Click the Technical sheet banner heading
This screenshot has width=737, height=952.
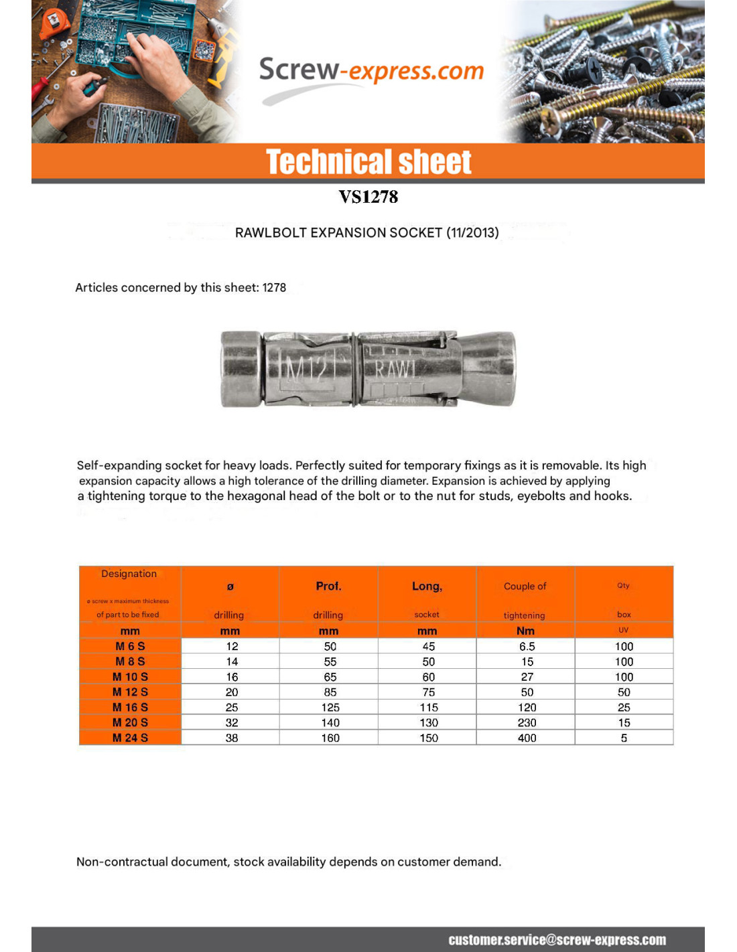368,162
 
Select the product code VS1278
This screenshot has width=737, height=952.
368,197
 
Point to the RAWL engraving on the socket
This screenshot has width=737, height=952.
395,369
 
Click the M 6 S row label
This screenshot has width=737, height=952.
130,646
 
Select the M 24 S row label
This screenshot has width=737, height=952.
130,738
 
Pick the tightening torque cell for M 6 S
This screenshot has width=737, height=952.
527,646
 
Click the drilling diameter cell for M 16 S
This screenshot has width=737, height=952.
232,707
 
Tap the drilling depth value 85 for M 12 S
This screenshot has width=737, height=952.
330,692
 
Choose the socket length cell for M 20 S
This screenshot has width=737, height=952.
429,722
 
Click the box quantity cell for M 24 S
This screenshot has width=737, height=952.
624,738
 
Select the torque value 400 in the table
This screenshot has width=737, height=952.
527,738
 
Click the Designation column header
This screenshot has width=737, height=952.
129,574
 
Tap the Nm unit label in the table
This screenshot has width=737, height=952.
525,631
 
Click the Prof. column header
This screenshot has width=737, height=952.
328,586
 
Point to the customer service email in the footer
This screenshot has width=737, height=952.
557,940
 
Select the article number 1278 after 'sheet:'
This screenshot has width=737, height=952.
274,288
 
